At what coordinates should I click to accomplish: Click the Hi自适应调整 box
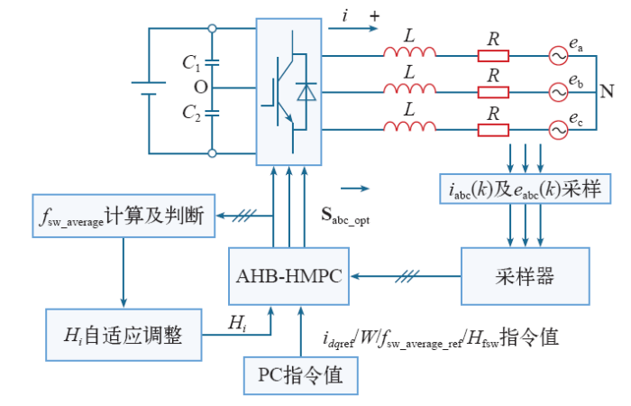point(122,335)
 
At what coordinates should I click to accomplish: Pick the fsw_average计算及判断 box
point(123,217)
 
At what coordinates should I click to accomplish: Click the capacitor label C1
point(190,63)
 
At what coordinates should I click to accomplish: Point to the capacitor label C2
point(190,114)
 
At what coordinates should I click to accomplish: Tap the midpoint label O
point(199,88)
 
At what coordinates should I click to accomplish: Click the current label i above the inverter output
point(346,15)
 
